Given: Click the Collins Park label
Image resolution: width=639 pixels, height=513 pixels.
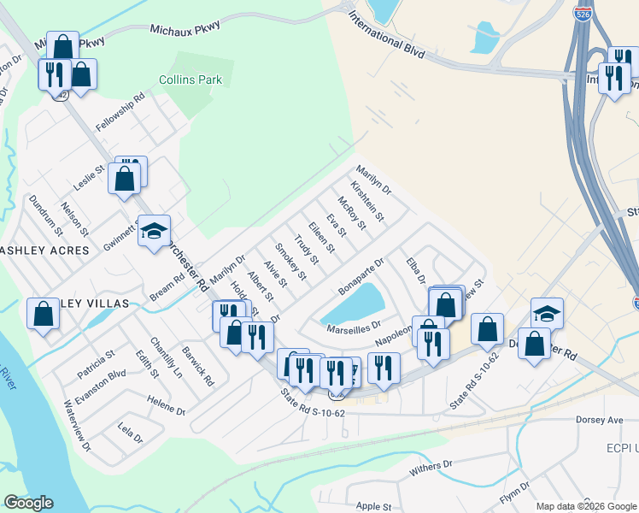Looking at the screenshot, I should click(190, 80).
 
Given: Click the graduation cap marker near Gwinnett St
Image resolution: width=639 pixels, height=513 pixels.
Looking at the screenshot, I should click(155, 231).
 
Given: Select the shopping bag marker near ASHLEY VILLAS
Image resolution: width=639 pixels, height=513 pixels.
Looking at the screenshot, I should click(43, 314).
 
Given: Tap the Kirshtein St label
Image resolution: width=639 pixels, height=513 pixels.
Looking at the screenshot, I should click(368, 199).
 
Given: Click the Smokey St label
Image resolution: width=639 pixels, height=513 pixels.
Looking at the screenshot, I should click(291, 263).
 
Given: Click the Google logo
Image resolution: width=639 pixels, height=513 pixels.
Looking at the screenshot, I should click(28, 503).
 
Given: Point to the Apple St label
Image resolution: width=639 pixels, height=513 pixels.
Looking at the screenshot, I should click(373, 506).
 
